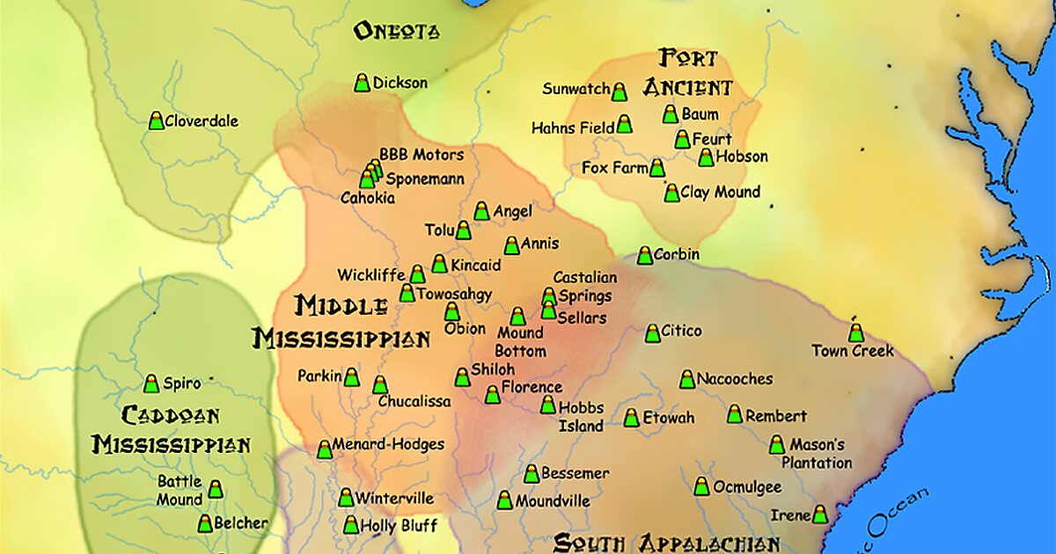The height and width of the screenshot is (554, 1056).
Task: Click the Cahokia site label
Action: (x=368, y=199)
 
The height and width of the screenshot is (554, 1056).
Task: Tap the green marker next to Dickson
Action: (x=362, y=83)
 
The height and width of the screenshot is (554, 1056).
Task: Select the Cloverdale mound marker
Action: (x=156, y=121)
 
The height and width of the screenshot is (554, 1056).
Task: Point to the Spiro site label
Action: (x=181, y=383)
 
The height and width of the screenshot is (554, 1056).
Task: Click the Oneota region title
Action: (x=395, y=32)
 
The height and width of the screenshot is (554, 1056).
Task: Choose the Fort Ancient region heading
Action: (x=687, y=73)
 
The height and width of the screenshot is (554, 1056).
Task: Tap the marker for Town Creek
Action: (x=855, y=332)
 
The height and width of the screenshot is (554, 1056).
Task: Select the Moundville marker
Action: (x=504, y=500)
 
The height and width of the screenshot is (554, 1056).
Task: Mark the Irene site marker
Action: (x=819, y=514)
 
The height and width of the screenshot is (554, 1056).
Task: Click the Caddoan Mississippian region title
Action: (x=172, y=430)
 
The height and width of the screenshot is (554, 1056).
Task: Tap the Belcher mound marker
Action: (x=205, y=523)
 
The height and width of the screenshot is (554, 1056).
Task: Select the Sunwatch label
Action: (x=576, y=89)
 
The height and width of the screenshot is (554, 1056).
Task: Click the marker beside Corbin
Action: (x=645, y=255)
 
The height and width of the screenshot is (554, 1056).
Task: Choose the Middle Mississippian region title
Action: (x=341, y=322)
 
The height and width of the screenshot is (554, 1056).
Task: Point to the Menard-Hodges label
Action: (x=388, y=445)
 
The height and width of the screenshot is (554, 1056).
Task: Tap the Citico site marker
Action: (x=652, y=333)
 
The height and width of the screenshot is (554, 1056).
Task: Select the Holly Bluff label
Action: (x=400, y=526)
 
